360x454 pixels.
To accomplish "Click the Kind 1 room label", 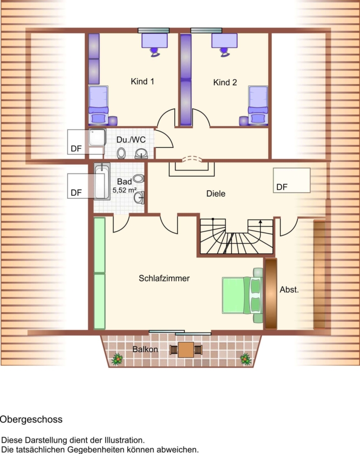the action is pos(142,81).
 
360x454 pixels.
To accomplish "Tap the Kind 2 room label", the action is pos(225,82).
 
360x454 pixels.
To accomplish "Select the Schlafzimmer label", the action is pos(164,278).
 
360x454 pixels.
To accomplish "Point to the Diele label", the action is pos(216,193).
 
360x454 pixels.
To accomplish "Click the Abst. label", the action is pos(289,290).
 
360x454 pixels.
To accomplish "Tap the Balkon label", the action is pos(145,349).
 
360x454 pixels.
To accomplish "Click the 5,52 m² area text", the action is pos(125,190).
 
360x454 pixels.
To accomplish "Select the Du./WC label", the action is pos(131,140).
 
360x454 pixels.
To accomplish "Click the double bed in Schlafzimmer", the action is pos(242,295).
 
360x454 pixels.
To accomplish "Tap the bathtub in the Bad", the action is pos(102,181).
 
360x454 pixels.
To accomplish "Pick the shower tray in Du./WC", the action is pos(97,137).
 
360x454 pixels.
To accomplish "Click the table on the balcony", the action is pos(186,350).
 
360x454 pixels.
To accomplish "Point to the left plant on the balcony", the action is pos(117,359).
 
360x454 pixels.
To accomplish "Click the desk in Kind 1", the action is pos(155,40).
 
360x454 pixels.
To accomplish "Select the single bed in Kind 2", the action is pos(258,105).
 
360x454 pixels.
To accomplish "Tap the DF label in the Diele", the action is pos(282,187).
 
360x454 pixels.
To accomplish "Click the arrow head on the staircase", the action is pos(261,222).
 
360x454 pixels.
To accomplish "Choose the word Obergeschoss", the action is pos(31,420).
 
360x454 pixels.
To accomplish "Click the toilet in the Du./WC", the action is pos(121,153).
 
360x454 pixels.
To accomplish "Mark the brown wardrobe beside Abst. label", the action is pos(271,294).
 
